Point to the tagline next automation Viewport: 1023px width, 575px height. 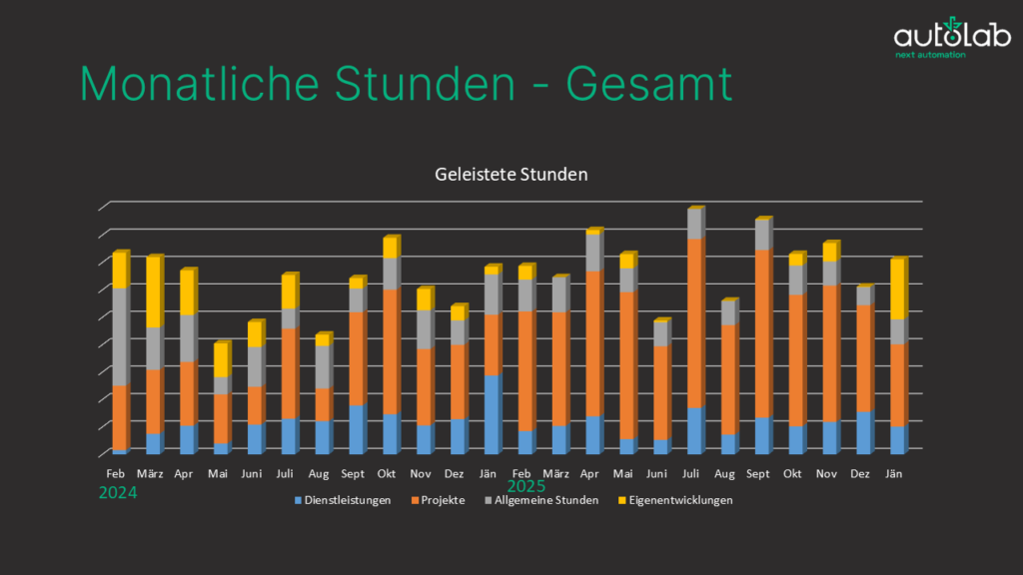930,55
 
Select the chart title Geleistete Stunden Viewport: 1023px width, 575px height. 511,174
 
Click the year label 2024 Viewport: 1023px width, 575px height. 117,492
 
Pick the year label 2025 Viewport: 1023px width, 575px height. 525,486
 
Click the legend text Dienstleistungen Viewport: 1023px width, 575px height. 347,500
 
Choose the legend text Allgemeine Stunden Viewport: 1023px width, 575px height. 546,500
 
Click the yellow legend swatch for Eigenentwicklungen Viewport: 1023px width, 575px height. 620,500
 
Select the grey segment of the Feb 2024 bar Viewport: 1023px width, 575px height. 119,336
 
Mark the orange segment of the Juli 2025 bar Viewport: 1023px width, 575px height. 694,323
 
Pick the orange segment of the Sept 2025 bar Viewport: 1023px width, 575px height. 762,333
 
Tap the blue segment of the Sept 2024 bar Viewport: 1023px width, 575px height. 357,429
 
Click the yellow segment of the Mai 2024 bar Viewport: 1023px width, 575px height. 221,360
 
